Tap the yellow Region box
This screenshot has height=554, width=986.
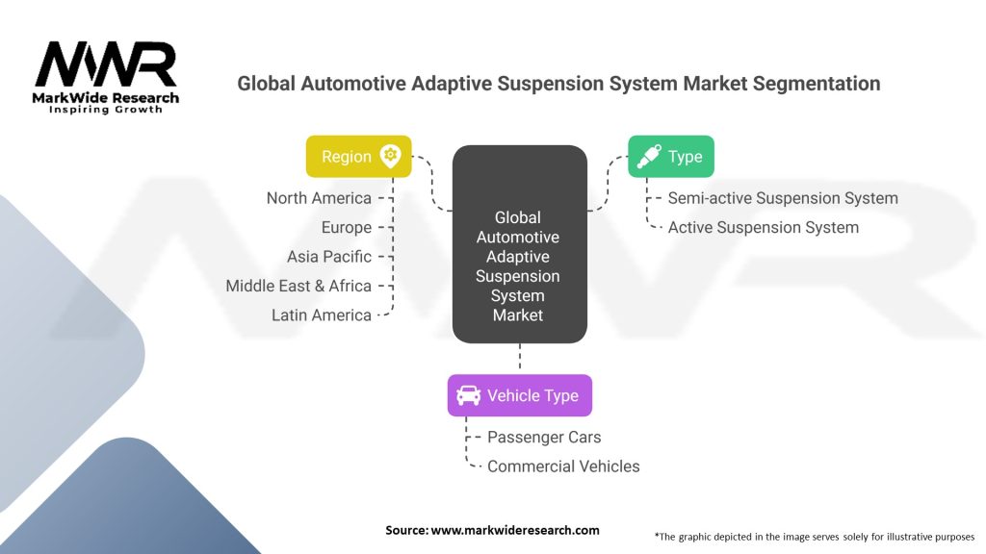pyautogui.click(x=358, y=157)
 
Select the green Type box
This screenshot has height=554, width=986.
pyautogui.click(x=671, y=157)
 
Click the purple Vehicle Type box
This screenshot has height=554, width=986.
pyautogui.click(x=519, y=395)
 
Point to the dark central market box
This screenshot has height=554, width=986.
pyautogui.click(x=519, y=244)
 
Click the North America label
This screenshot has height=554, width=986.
pyautogui.click(x=319, y=198)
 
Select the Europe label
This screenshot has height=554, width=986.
pyautogui.click(x=347, y=228)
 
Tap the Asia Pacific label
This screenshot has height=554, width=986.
pyautogui.click(x=328, y=257)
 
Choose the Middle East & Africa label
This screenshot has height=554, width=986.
pyautogui.click(x=298, y=286)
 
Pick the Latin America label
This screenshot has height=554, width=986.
pyautogui.click(x=321, y=315)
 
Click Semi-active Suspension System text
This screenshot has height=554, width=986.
pyautogui.click(x=783, y=198)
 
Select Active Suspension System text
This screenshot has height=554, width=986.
pyautogui.click(x=763, y=228)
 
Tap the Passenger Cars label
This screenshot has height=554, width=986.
pyautogui.click(x=544, y=438)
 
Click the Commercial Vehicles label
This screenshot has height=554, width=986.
pyautogui.click(x=563, y=466)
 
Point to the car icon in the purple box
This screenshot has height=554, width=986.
pyautogui.click(x=468, y=395)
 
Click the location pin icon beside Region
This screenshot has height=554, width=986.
pyautogui.click(x=390, y=157)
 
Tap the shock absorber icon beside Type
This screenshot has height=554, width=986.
pyautogui.click(x=649, y=157)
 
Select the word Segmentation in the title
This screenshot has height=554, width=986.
pyautogui.click(x=810, y=84)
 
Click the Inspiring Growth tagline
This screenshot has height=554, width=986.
pyautogui.click(x=106, y=110)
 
